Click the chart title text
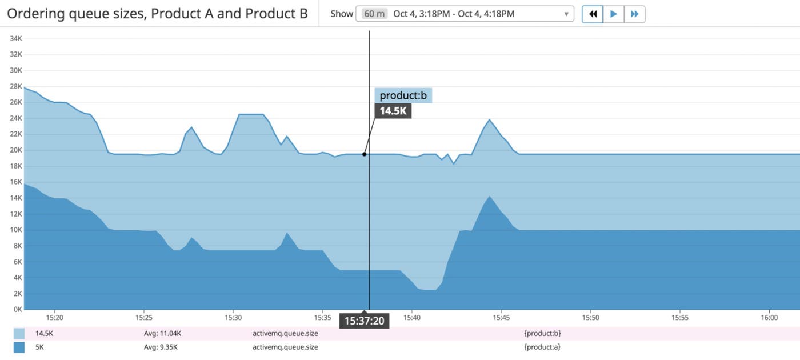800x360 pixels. tap(157, 14)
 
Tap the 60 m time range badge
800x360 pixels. tap(374, 14)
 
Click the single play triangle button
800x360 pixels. tap(614, 14)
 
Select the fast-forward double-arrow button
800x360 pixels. tap(634, 14)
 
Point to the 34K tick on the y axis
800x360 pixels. tap(15, 38)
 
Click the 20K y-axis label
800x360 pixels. tap(15, 150)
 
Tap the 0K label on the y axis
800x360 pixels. tap(17, 310)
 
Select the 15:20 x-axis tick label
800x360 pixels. tap(54, 318)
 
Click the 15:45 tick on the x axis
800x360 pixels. tap(501, 318)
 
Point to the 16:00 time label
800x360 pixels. tap(770, 318)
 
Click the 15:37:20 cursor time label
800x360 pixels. tap(363, 321)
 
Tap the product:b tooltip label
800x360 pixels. tap(403, 95)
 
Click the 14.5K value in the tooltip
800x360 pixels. tap(393, 111)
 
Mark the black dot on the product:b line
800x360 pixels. tap(364, 154)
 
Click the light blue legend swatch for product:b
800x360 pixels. tap(19, 334)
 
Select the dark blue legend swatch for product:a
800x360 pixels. tap(19, 347)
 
